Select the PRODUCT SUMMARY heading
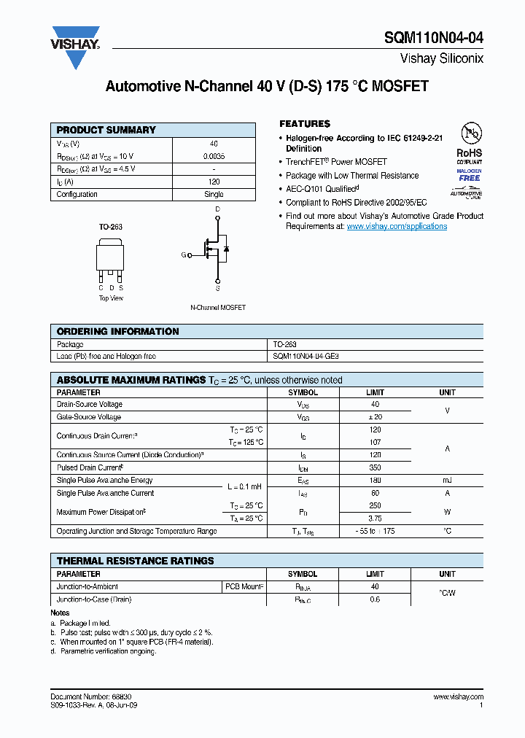pos(106,130)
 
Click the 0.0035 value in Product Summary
pos(214,157)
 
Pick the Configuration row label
pos(77,195)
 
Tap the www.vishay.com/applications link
pos(397,227)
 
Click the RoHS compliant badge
pos(470,153)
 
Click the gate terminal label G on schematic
pos(184,255)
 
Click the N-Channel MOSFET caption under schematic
pos(218,308)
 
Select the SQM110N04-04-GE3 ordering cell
pos(306,357)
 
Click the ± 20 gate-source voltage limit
pos(376,417)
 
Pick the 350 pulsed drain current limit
pos(376,467)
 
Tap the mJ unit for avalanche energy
pos(447,481)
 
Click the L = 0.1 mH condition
pos(244,486)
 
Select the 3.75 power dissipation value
pos(376,518)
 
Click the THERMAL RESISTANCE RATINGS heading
pos(136,561)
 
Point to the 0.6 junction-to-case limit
pos(376,599)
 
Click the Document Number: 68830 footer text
pos(91,697)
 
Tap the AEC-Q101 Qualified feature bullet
pos(321,189)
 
